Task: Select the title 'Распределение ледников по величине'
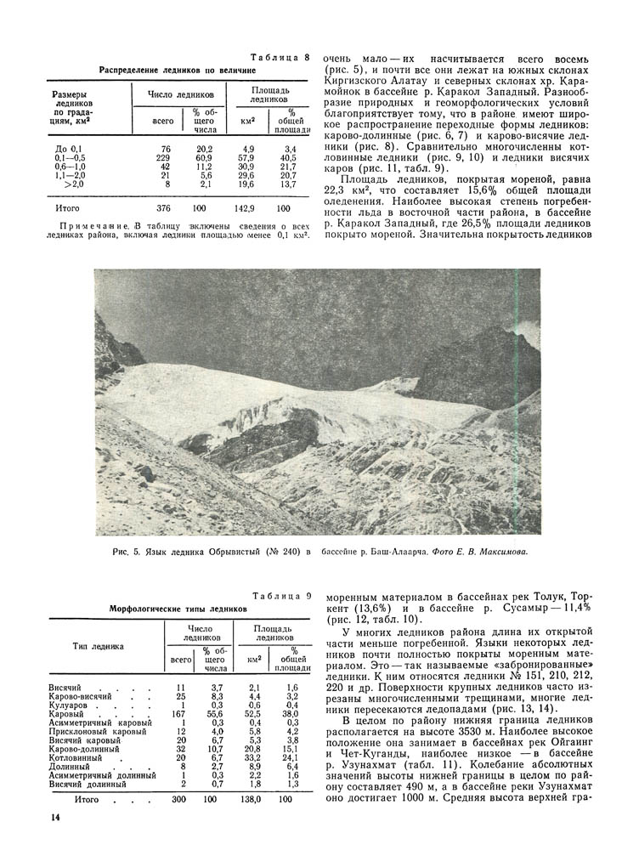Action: click(x=178, y=70)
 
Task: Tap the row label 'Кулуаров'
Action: click(x=65, y=705)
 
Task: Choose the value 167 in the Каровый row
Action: click(x=178, y=714)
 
